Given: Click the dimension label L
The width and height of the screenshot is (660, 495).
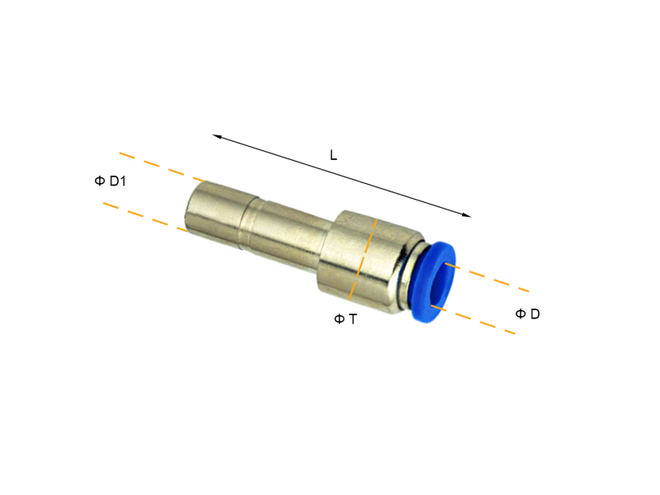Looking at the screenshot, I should click(x=333, y=155).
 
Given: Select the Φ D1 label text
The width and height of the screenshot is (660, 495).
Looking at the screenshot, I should click(x=111, y=181).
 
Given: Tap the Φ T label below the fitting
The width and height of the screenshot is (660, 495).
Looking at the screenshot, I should click(x=346, y=318).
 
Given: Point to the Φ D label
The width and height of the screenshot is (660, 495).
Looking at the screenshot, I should click(x=527, y=313).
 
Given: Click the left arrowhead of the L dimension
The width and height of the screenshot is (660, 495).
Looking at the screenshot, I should click(x=216, y=136).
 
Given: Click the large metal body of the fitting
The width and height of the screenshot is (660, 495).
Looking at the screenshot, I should click(x=363, y=256).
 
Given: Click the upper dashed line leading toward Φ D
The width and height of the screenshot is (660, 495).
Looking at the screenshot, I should click(x=495, y=280).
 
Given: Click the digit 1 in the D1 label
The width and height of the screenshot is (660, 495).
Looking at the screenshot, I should click(x=123, y=181).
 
